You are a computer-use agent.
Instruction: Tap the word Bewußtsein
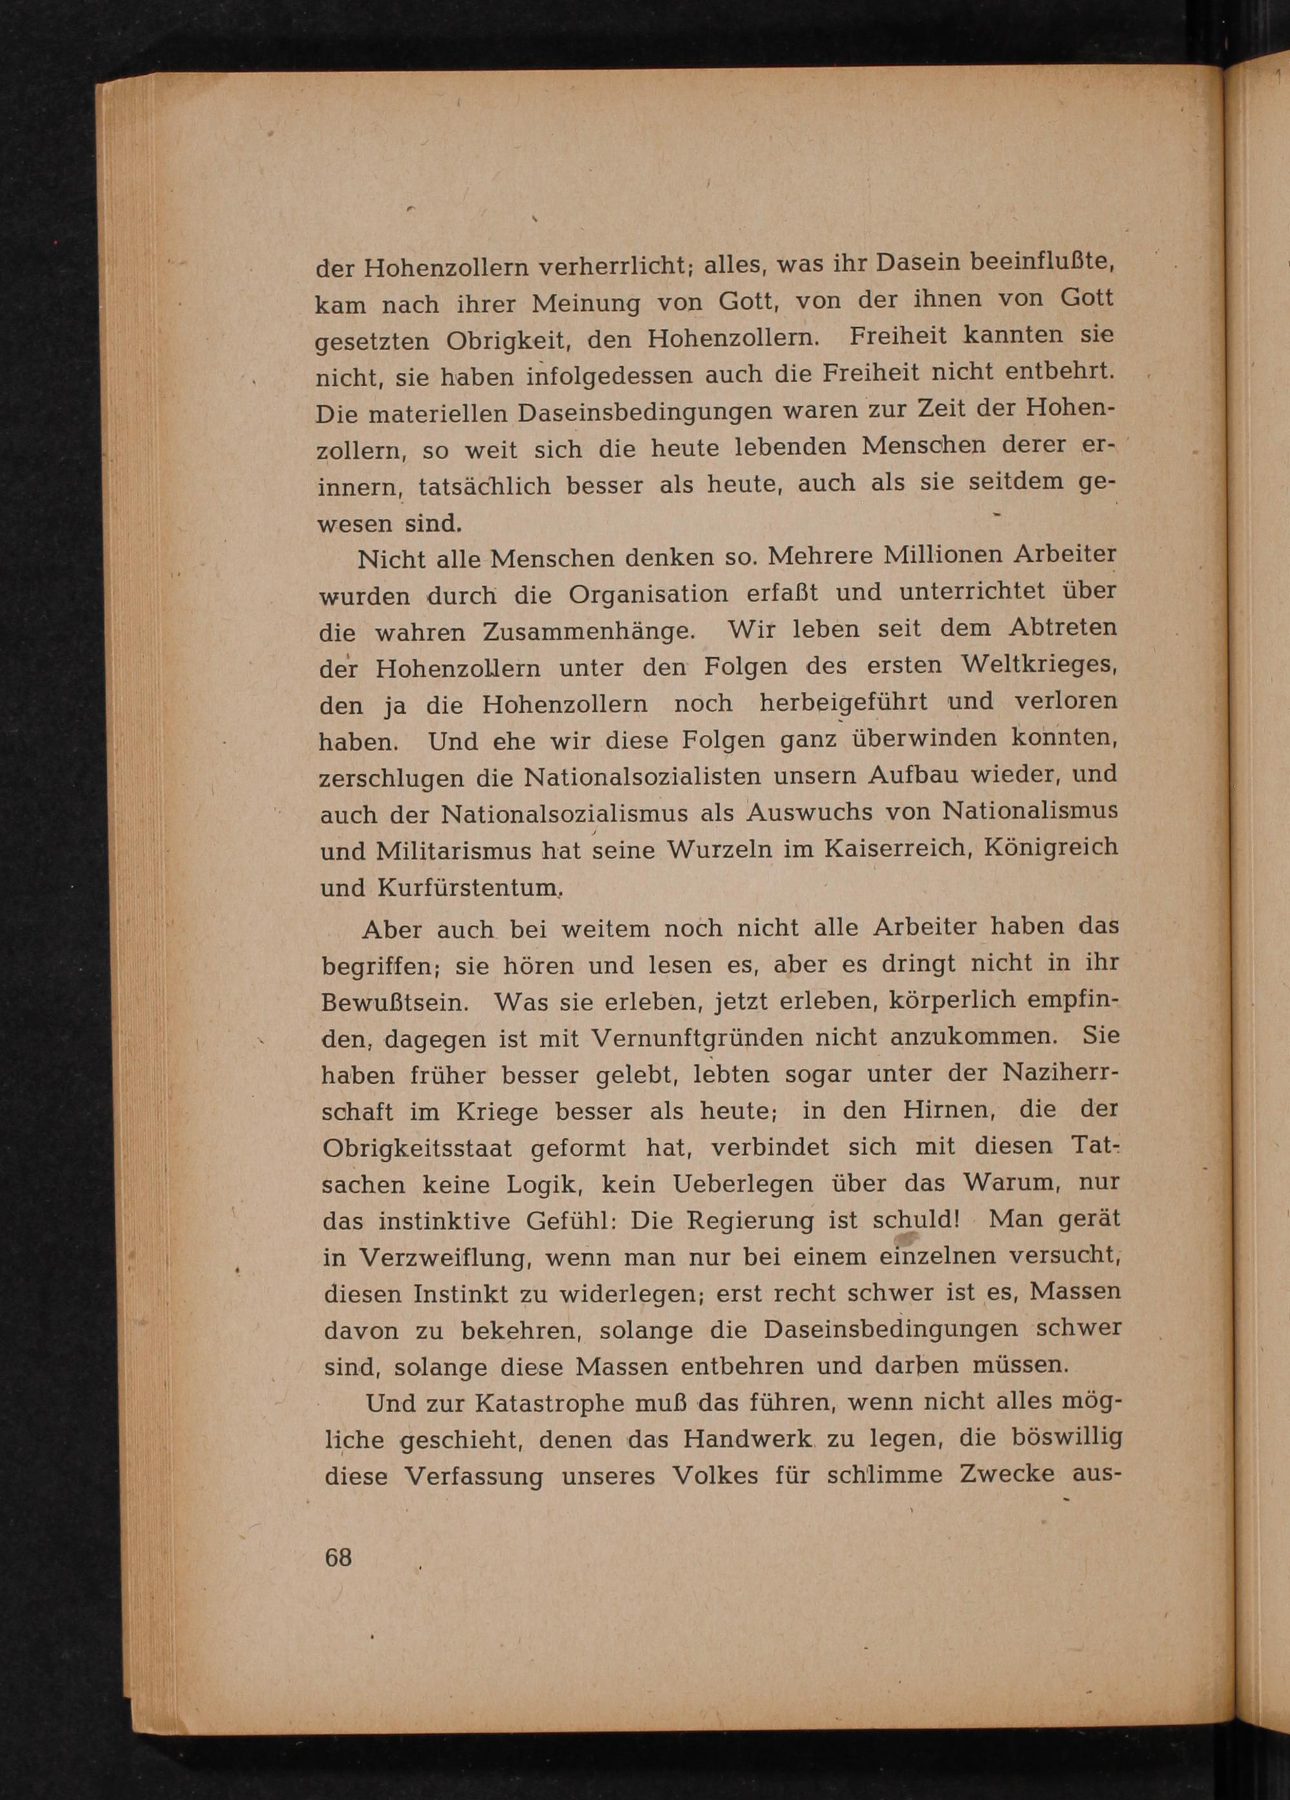click(393, 1002)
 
